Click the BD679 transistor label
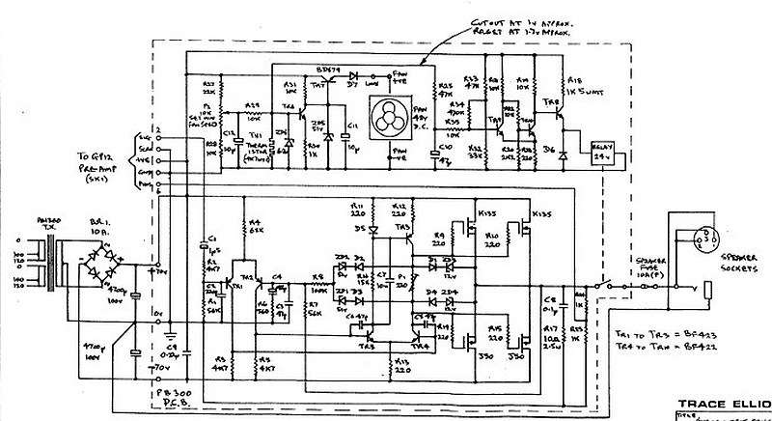coord(329,72)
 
